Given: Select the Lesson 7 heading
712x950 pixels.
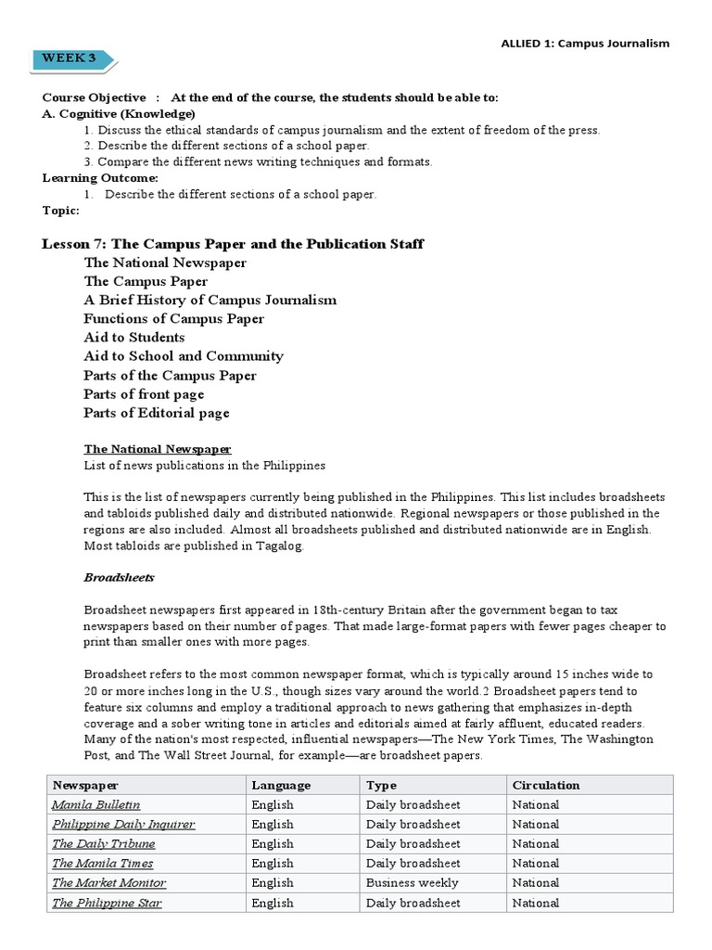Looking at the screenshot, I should pyautogui.click(x=233, y=244).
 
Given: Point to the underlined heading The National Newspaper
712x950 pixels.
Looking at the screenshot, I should pyautogui.click(x=157, y=449).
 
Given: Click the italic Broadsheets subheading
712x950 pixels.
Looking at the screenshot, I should pyautogui.click(x=119, y=577).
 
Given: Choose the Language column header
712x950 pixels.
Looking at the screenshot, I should pyautogui.click(x=281, y=785).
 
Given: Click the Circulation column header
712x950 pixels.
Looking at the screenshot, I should pyautogui.click(x=546, y=785).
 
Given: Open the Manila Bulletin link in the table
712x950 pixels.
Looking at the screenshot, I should pyautogui.click(x=96, y=804).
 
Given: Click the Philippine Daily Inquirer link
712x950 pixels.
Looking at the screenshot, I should pyautogui.click(x=123, y=824).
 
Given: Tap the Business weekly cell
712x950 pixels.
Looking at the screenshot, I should pyautogui.click(x=413, y=883).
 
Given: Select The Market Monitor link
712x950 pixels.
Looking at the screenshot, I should pyautogui.click(x=109, y=883).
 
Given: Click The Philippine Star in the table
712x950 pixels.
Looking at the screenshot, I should pyautogui.click(x=108, y=903).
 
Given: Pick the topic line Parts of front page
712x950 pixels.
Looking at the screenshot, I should pyautogui.click(x=144, y=394).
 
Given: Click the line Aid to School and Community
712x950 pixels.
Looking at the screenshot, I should pyautogui.click(x=184, y=356).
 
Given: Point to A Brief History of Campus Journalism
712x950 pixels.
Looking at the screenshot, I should pyautogui.click(x=210, y=300).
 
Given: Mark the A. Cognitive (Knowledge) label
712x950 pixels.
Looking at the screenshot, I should pyautogui.click(x=119, y=114).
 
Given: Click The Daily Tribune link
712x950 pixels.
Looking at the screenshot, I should pyautogui.click(x=104, y=843).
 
